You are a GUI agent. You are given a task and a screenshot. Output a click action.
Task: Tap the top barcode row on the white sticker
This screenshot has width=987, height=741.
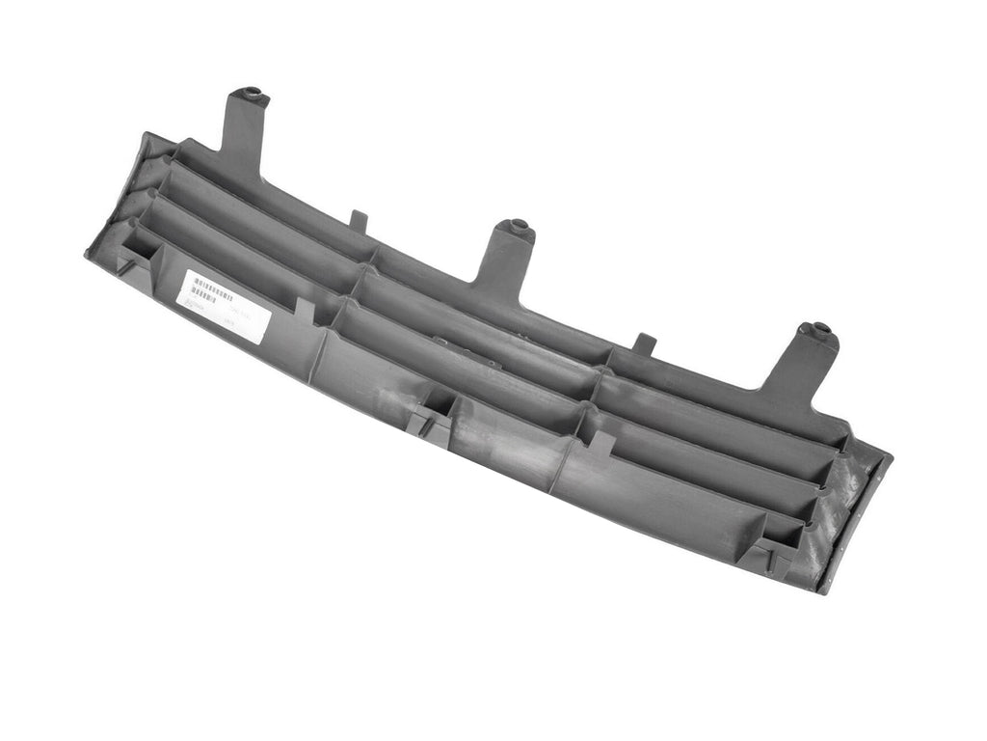[213, 283]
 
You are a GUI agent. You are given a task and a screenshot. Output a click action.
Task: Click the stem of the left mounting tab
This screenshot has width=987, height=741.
[244, 130]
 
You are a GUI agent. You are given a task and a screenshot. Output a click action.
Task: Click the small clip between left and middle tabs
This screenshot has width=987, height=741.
[359, 221]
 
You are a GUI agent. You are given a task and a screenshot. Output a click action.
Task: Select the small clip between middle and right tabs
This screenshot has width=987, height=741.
[644, 343]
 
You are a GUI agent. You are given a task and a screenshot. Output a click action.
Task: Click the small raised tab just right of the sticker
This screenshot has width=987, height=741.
[304, 310]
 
